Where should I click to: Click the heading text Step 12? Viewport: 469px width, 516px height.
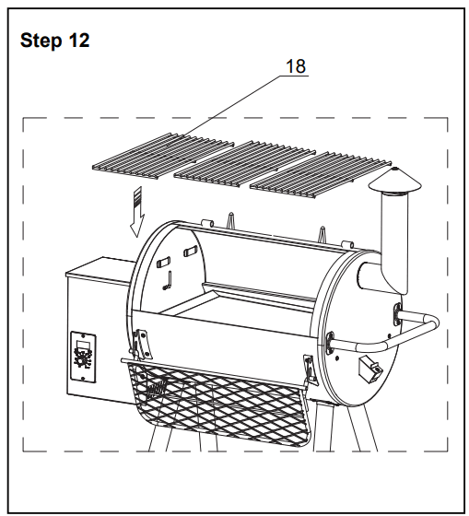tap(54, 42)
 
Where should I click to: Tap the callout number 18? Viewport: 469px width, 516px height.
tap(296, 66)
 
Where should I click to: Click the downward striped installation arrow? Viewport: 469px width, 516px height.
tap(137, 210)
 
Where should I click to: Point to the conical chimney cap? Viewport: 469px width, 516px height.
tap(395, 182)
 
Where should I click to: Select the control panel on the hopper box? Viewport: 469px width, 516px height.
tap(82, 355)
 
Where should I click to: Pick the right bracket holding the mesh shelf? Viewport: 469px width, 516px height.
tap(311, 367)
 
